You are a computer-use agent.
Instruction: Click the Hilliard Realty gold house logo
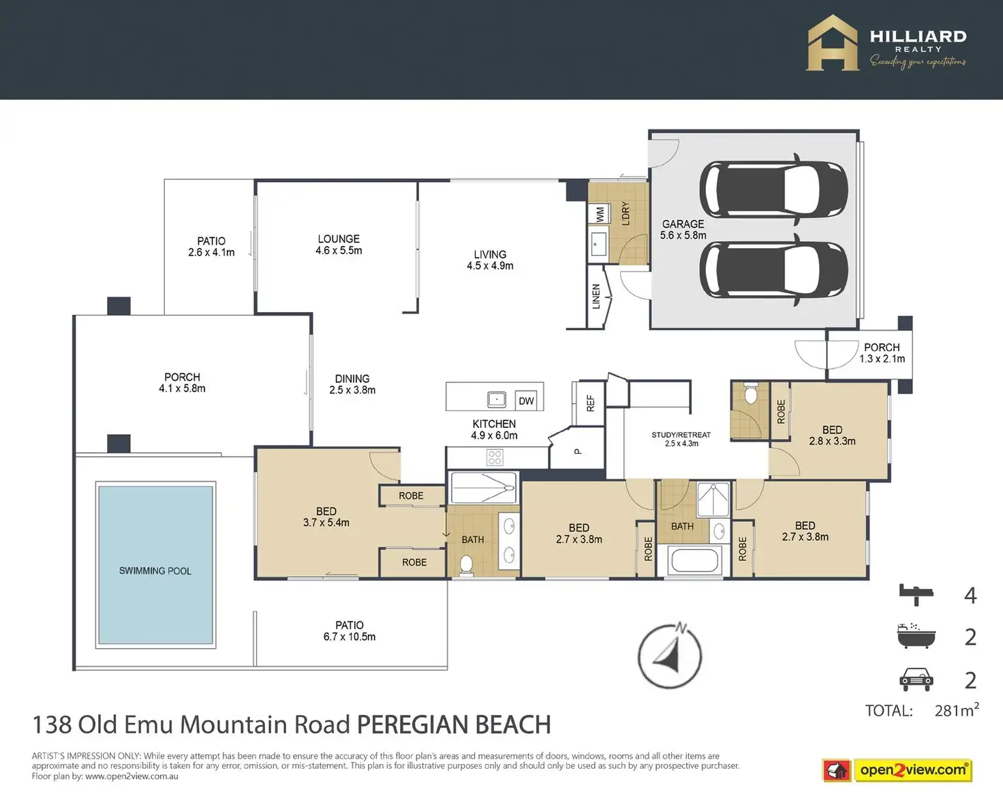(833, 43)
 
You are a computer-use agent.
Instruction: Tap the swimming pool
(155, 565)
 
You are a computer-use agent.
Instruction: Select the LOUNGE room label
(339, 239)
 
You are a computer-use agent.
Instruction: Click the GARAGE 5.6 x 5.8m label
(683, 230)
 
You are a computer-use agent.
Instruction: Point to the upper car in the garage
(773, 189)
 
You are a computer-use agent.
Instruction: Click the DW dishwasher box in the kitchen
(526, 401)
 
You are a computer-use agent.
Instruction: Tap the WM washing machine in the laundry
(600, 214)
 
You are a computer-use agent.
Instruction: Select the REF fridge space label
(591, 403)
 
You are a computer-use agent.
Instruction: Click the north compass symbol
(670, 655)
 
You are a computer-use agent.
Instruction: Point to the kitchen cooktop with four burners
(495, 457)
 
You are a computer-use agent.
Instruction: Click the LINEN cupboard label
(596, 296)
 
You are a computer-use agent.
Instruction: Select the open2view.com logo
(897, 770)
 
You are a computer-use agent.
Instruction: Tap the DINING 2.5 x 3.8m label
(352, 384)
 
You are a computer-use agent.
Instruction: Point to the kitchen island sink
(496, 399)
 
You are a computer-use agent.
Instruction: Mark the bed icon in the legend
(916, 594)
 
